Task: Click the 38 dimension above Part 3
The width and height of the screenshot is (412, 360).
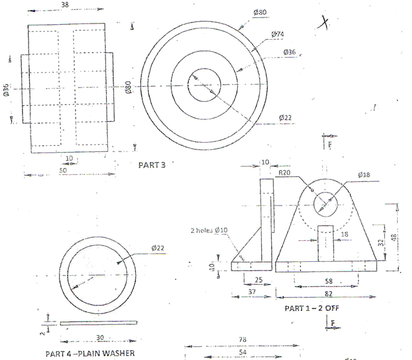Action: click(x=65, y=5)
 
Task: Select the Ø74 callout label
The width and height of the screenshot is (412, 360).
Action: click(x=278, y=34)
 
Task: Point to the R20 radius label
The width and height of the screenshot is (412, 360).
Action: click(x=285, y=173)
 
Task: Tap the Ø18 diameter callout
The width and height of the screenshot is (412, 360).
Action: click(x=365, y=175)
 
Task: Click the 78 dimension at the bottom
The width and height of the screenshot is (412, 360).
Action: click(x=243, y=340)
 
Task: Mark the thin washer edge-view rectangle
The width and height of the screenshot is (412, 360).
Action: click(x=99, y=322)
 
